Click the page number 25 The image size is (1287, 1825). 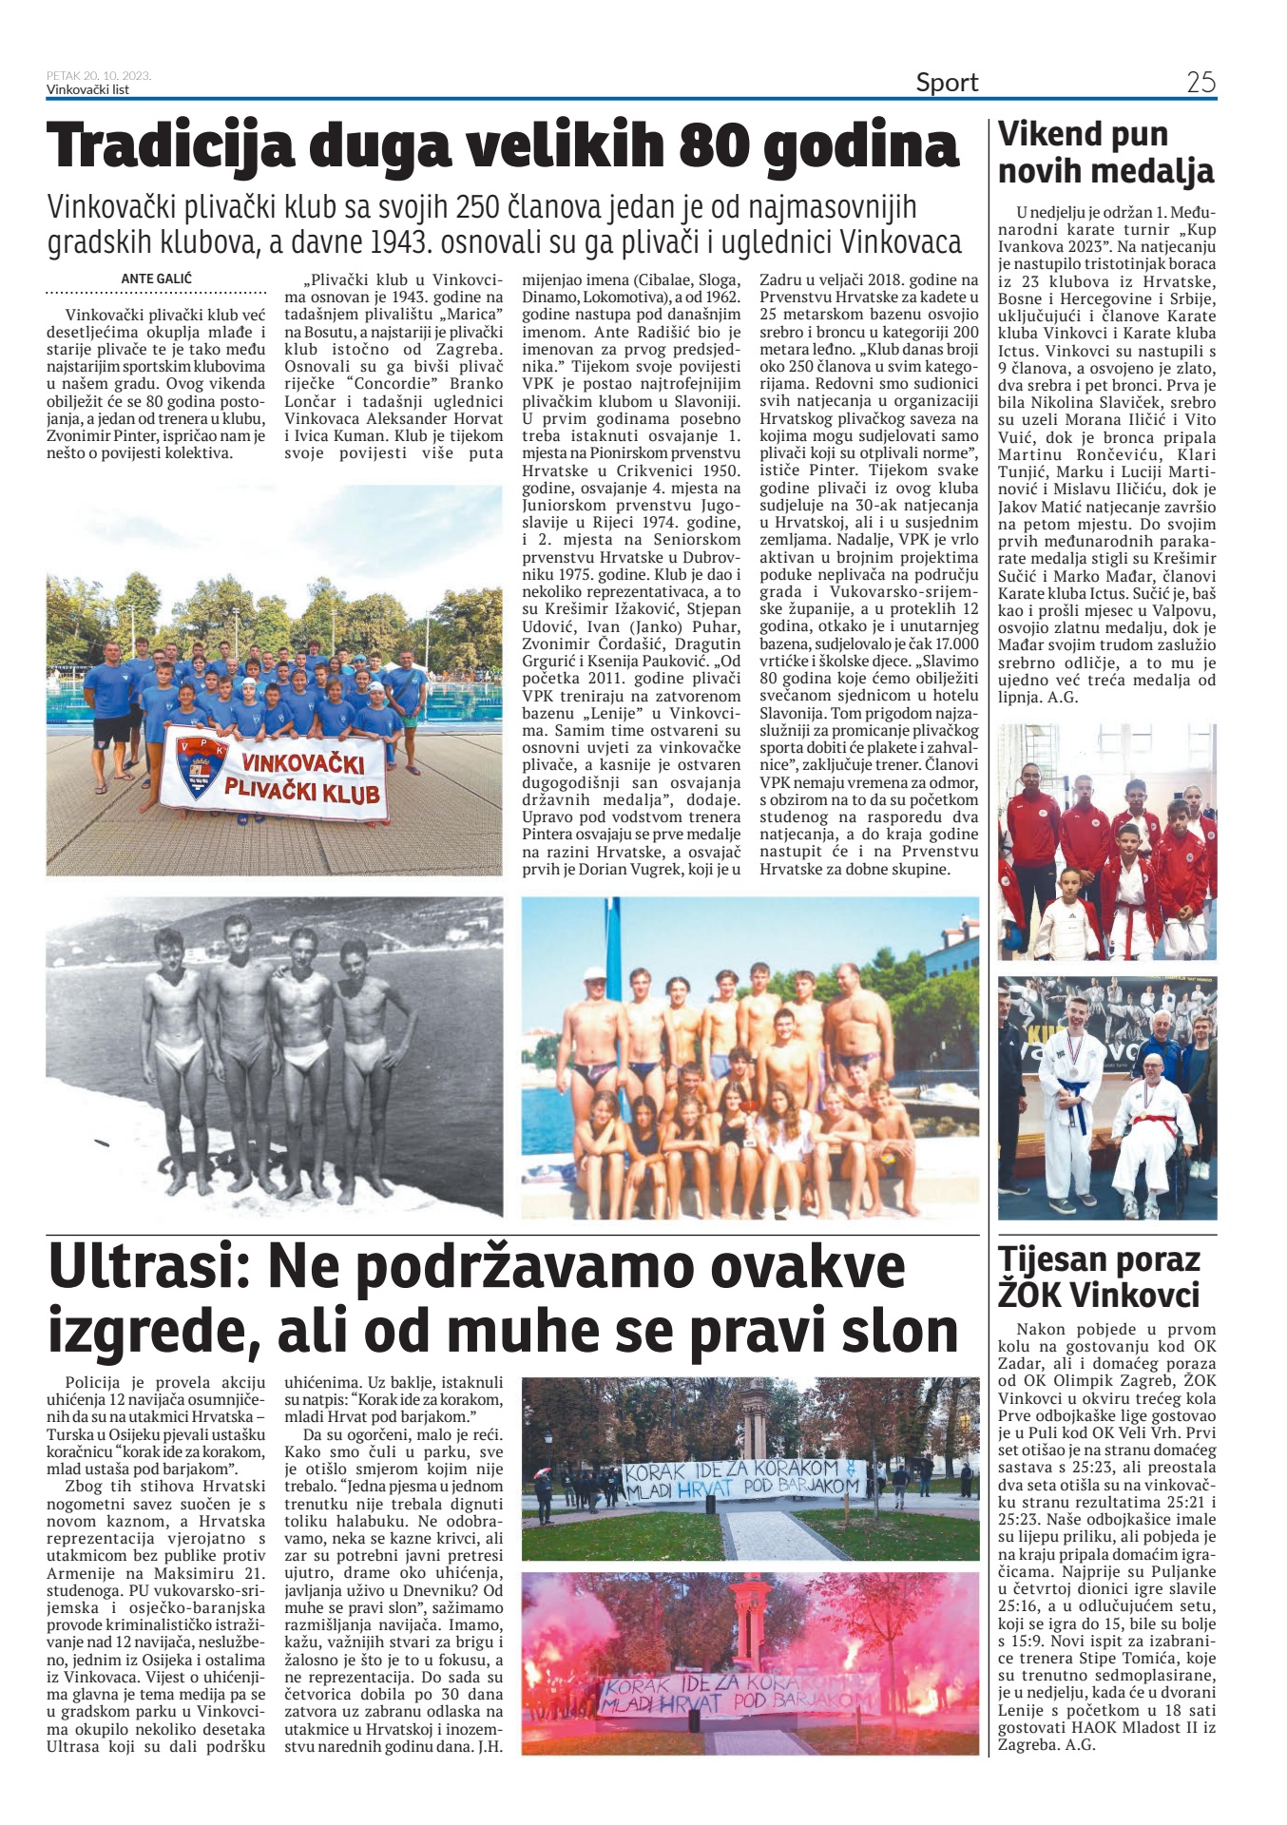(x=1201, y=83)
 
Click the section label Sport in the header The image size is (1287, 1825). (x=947, y=83)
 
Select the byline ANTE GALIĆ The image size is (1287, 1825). (x=156, y=279)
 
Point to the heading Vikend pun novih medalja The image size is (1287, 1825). (x=1105, y=152)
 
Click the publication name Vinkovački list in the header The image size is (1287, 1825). (x=87, y=90)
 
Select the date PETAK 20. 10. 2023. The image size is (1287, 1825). (x=99, y=76)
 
